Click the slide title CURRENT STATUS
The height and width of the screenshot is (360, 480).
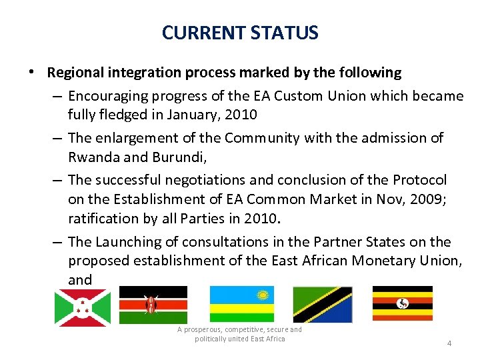[x=240, y=32]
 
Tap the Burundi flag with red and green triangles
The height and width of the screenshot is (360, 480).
[x=82, y=307]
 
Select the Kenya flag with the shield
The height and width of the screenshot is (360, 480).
[x=153, y=305]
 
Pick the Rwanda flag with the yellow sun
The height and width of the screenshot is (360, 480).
[x=241, y=304]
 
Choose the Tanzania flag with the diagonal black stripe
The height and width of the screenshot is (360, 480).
[x=323, y=304]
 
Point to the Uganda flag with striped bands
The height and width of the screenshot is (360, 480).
[x=402, y=303]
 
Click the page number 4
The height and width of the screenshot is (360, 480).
[x=449, y=343]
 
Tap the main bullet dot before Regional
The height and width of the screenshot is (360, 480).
[x=33, y=72]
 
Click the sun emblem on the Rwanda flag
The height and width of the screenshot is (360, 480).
[x=262, y=294]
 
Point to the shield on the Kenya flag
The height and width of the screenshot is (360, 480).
[x=153, y=305]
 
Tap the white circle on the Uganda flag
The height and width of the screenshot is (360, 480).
[x=402, y=303]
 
